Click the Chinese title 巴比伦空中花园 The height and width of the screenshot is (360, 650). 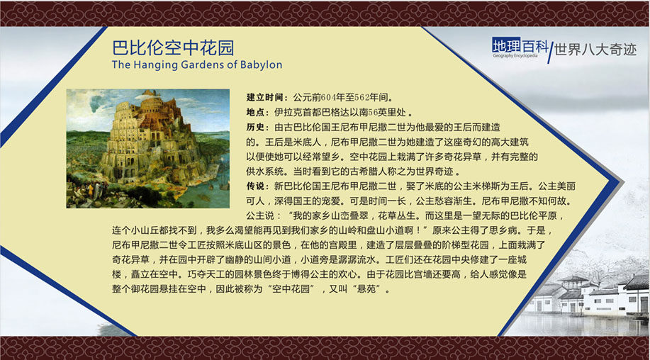pos(173,48)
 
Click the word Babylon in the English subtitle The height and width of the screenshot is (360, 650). pos(261,65)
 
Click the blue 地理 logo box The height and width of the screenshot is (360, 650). pos(506,45)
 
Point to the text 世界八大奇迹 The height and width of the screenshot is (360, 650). pos(595,50)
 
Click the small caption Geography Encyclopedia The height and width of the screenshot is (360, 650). pos(515,55)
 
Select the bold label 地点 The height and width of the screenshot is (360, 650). pos(255,112)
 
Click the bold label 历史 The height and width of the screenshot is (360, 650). pos(255,127)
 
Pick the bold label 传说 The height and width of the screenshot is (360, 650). pos(255,186)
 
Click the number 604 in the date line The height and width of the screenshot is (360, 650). pos(328,97)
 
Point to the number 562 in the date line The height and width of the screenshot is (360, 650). pos(362,97)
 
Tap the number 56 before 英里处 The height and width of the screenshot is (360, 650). pos(373,112)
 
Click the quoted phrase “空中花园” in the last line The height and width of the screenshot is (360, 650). pos(291,289)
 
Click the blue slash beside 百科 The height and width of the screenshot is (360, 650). pos(551,52)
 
